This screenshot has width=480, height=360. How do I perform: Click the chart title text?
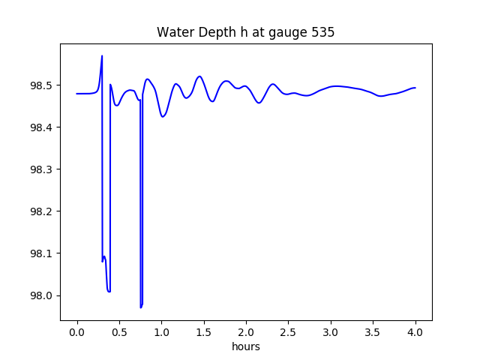(x=245, y=32)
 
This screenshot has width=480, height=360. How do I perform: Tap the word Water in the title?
(x=174, y=32)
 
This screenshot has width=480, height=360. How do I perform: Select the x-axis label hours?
(x=245, y=346)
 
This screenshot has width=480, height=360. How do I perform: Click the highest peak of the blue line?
(x=102, y=56)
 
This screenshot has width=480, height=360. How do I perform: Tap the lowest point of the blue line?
(x=140, y=307)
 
